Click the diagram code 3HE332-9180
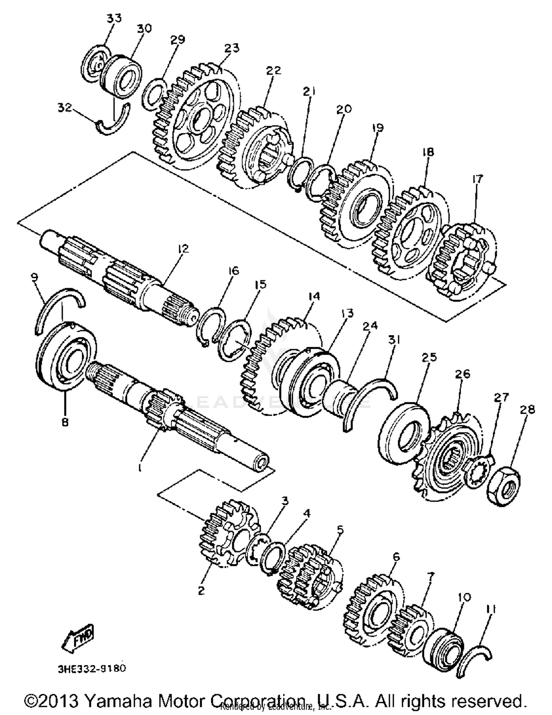click(91, 668)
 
